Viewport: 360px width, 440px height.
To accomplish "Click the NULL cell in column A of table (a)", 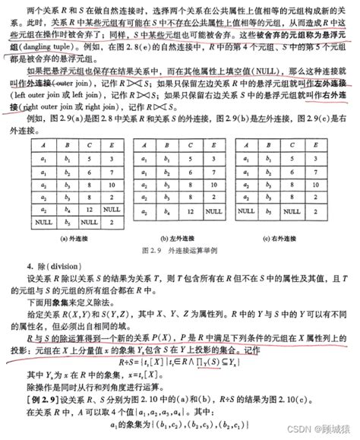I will (x=24, y=222).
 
